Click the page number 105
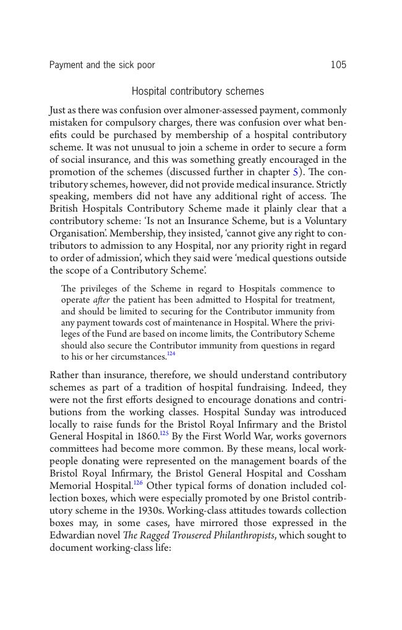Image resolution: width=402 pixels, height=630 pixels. (x=338, y=65)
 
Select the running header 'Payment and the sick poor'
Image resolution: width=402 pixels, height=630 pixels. (x=102, y=65)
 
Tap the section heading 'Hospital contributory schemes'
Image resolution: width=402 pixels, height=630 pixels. (x=198, y=92)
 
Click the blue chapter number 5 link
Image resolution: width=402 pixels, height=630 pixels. (x=295, y=172)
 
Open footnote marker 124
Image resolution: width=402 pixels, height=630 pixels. (x=171, y=354)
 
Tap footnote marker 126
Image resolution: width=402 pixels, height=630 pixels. (x=139, y=483)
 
